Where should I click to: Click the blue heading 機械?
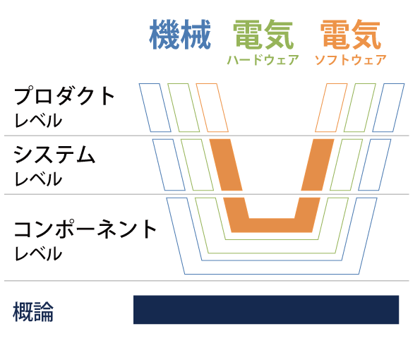[x=180, y=35]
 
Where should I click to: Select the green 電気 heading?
[x=263, y=35]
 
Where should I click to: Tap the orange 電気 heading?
[x=351, y=35]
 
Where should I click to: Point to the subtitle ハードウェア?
[x=263, y=60]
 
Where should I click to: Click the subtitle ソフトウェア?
[x=351, y=60]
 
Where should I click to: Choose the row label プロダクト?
[x=64, y=95]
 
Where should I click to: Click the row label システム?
[x=54, y=155]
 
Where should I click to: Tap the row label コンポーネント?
[x=85, y=229]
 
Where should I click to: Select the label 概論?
[x=33, y=311]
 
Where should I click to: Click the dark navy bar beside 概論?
[x=266, y=310]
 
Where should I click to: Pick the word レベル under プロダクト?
[x=38, y=120]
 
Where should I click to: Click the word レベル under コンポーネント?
[x=38, y=253]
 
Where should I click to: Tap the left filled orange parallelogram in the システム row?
[x=226, y=164]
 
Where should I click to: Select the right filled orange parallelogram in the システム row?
[x=318, y=164]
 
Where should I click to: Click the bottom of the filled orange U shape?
[x=272, y=225]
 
